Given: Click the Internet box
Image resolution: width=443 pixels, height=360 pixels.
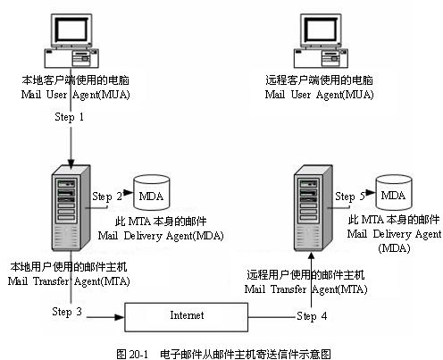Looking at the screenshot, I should (x=186, y=315).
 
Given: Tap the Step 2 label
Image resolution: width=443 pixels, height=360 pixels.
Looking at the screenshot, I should (x=107, y=195).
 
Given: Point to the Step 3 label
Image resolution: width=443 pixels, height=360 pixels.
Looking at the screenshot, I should (x=68, y=312).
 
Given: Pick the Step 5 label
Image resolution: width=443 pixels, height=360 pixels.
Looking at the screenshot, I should (x=350, y=196).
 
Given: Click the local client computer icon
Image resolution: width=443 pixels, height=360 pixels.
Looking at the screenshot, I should (x=69, y=39).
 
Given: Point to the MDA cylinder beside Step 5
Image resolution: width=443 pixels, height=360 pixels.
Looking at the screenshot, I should (x=393, y=193).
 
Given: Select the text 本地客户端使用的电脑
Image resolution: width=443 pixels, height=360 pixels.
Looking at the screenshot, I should (x=68, y=80).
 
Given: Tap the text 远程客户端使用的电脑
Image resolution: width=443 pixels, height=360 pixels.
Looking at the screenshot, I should (x=319, y=80).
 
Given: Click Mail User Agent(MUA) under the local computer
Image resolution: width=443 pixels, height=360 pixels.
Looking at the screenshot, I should (x=68, y=93).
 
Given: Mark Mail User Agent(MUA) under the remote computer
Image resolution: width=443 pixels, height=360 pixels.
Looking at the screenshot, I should (x=319, y=93).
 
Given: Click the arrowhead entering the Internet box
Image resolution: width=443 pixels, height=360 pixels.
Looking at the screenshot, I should (x=119, y=315).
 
